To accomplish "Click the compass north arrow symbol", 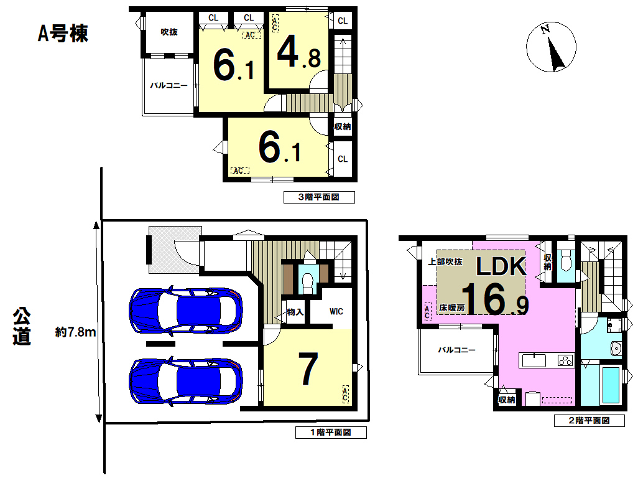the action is tap(551, 47).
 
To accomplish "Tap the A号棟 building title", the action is tap(63, 34).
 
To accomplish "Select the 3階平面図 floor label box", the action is tap(319, 197).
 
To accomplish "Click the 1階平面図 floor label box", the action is tap(331, 433).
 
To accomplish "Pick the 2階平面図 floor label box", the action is tap(589, 421).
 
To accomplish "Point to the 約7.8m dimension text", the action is tap(76, 332).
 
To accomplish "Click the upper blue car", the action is tap(186, 310).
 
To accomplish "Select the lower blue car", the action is tap(186, 381).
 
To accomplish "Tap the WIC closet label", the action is tap(336, 311).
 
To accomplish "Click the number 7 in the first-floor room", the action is tap(308, 368).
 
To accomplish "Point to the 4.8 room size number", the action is tap(299, 52).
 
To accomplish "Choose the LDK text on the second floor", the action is tap(501, 266).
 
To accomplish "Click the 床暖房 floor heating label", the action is tap(451, 308).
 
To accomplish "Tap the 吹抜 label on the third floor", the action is tap(169, 32).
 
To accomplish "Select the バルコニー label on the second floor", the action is tap(456, 350).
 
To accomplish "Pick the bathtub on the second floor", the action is tap(611, 385).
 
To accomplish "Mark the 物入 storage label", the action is tap(295, 312).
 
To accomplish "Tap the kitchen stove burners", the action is tap(565, 360).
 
